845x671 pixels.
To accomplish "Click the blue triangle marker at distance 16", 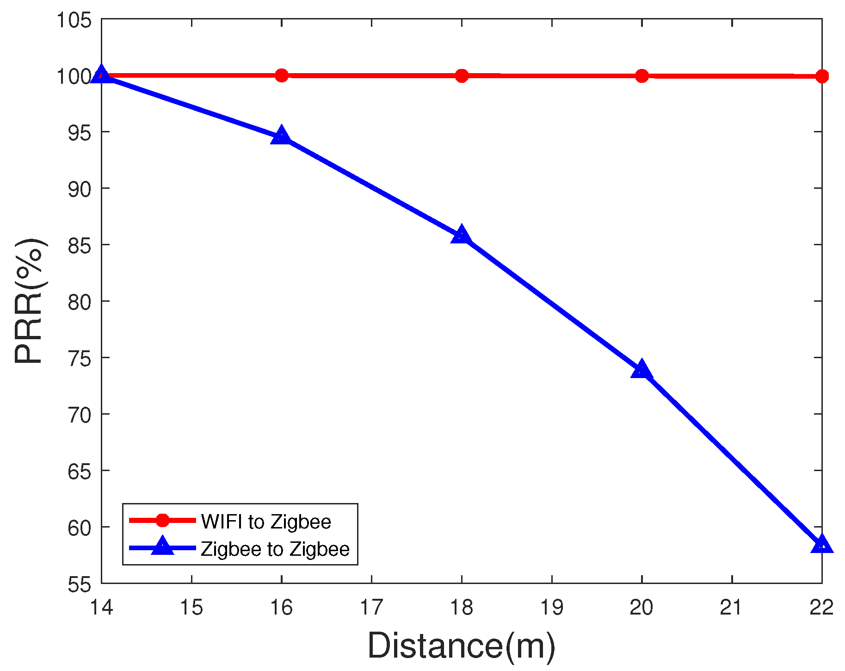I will click(x=281, y=136).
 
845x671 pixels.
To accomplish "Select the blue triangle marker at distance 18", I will click(x=461, y=235).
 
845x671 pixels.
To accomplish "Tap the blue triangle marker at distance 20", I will click(x=641, y=370).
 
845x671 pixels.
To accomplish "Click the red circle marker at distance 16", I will click(x=281, y=75).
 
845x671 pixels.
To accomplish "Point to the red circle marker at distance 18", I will click(x=462, y=75).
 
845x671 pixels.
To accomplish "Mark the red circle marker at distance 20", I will click(x=641, y=76).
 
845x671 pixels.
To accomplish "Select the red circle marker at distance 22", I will click(x=821, y=76).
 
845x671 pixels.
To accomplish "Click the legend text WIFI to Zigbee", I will click(x=266, y=522).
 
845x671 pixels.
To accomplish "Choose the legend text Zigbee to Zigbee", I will click(x=275, y=549).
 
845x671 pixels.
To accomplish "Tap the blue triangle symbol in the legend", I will click(x=162, y=547).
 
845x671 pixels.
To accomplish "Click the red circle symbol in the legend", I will click(x=162, y=520).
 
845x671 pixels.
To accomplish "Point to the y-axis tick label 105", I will click(x=74, y=20).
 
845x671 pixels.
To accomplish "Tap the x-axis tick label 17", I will click(x=371, y=607).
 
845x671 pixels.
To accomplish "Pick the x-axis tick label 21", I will click(x=731, y=607).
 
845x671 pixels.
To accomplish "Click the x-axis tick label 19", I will click(x=551, y=607).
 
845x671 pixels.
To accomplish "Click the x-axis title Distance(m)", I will click(x=461, y=646).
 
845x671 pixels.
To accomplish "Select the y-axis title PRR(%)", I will click(x=30, y=301).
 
